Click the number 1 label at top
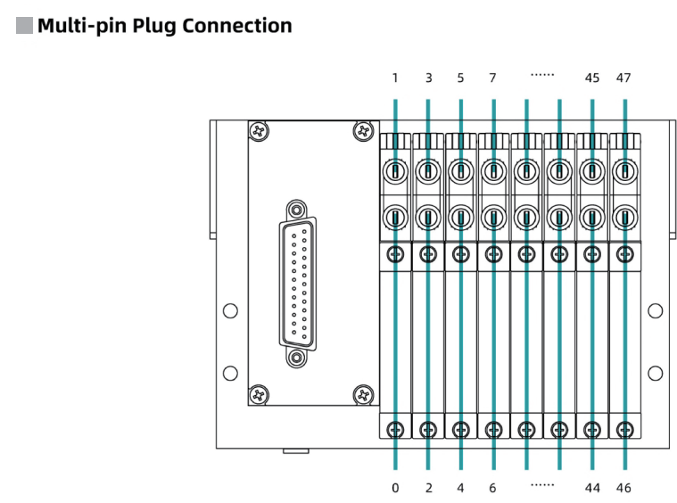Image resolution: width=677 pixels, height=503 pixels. (x=395, y=78)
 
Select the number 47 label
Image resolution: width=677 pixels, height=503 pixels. (x=623, y=78)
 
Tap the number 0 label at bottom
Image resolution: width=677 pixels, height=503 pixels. (x=395, y=488)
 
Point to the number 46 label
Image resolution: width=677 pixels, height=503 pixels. (x=623, y=488)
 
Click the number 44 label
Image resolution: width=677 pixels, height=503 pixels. (x=591, y=488)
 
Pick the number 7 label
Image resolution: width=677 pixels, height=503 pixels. (x=493, y=78)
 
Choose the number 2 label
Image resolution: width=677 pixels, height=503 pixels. (x=428, y=488)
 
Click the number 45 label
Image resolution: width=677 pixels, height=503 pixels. (x=591, y=78)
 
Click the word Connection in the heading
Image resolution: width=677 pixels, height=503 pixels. (x=236, y=26)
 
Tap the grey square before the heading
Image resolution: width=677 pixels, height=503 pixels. (x=25, y=25)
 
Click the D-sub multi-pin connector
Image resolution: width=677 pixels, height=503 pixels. (x=296, y=284)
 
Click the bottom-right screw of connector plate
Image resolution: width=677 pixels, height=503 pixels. (x=362, y=394)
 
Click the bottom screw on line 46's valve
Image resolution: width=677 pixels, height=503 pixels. (x=623, y=430)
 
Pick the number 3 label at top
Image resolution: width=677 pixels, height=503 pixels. (x=428, y=78)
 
